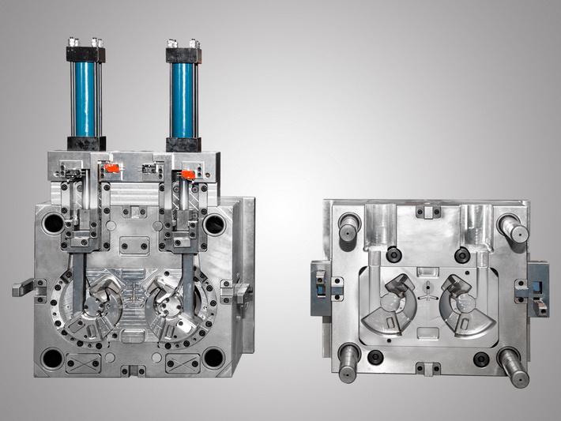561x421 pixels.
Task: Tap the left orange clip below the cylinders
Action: click(x=111, y=168)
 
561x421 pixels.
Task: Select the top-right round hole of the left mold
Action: click(x=215, y=225)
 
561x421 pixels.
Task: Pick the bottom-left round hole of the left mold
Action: click(x=52, y=358)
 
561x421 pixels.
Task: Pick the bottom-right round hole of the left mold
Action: click(x=213, y=358)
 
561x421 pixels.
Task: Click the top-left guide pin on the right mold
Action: click(x=348, y=228)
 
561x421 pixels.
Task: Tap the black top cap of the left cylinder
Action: click(x=85, y=54)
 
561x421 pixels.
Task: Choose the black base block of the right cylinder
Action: click(x=183, y=143)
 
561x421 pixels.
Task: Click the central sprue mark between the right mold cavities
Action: click(x=427, y=296)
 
